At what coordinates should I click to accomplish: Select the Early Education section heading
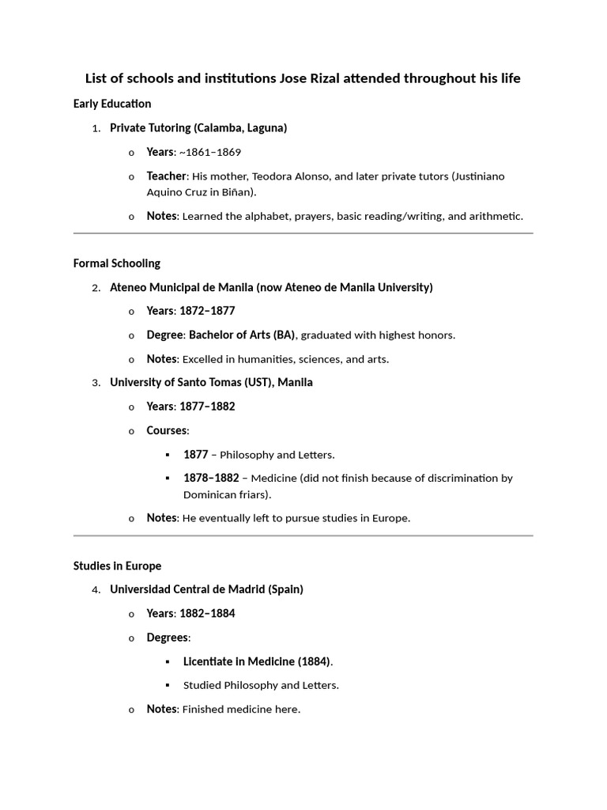coord(112,104)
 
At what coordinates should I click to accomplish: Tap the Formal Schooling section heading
coord(116,263)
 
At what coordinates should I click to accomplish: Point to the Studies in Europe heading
coord(117,566)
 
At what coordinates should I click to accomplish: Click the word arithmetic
coord(493,216)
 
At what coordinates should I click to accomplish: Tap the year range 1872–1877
coord(207,311)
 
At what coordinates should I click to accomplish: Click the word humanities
coord(277,359)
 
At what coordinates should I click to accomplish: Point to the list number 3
coord(96,383)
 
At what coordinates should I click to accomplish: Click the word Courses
coord(167,430)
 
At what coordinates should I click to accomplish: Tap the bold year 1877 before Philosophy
coord(195,455)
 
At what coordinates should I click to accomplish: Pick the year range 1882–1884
coord(207,613)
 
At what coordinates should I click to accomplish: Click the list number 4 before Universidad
coord(96,590)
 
